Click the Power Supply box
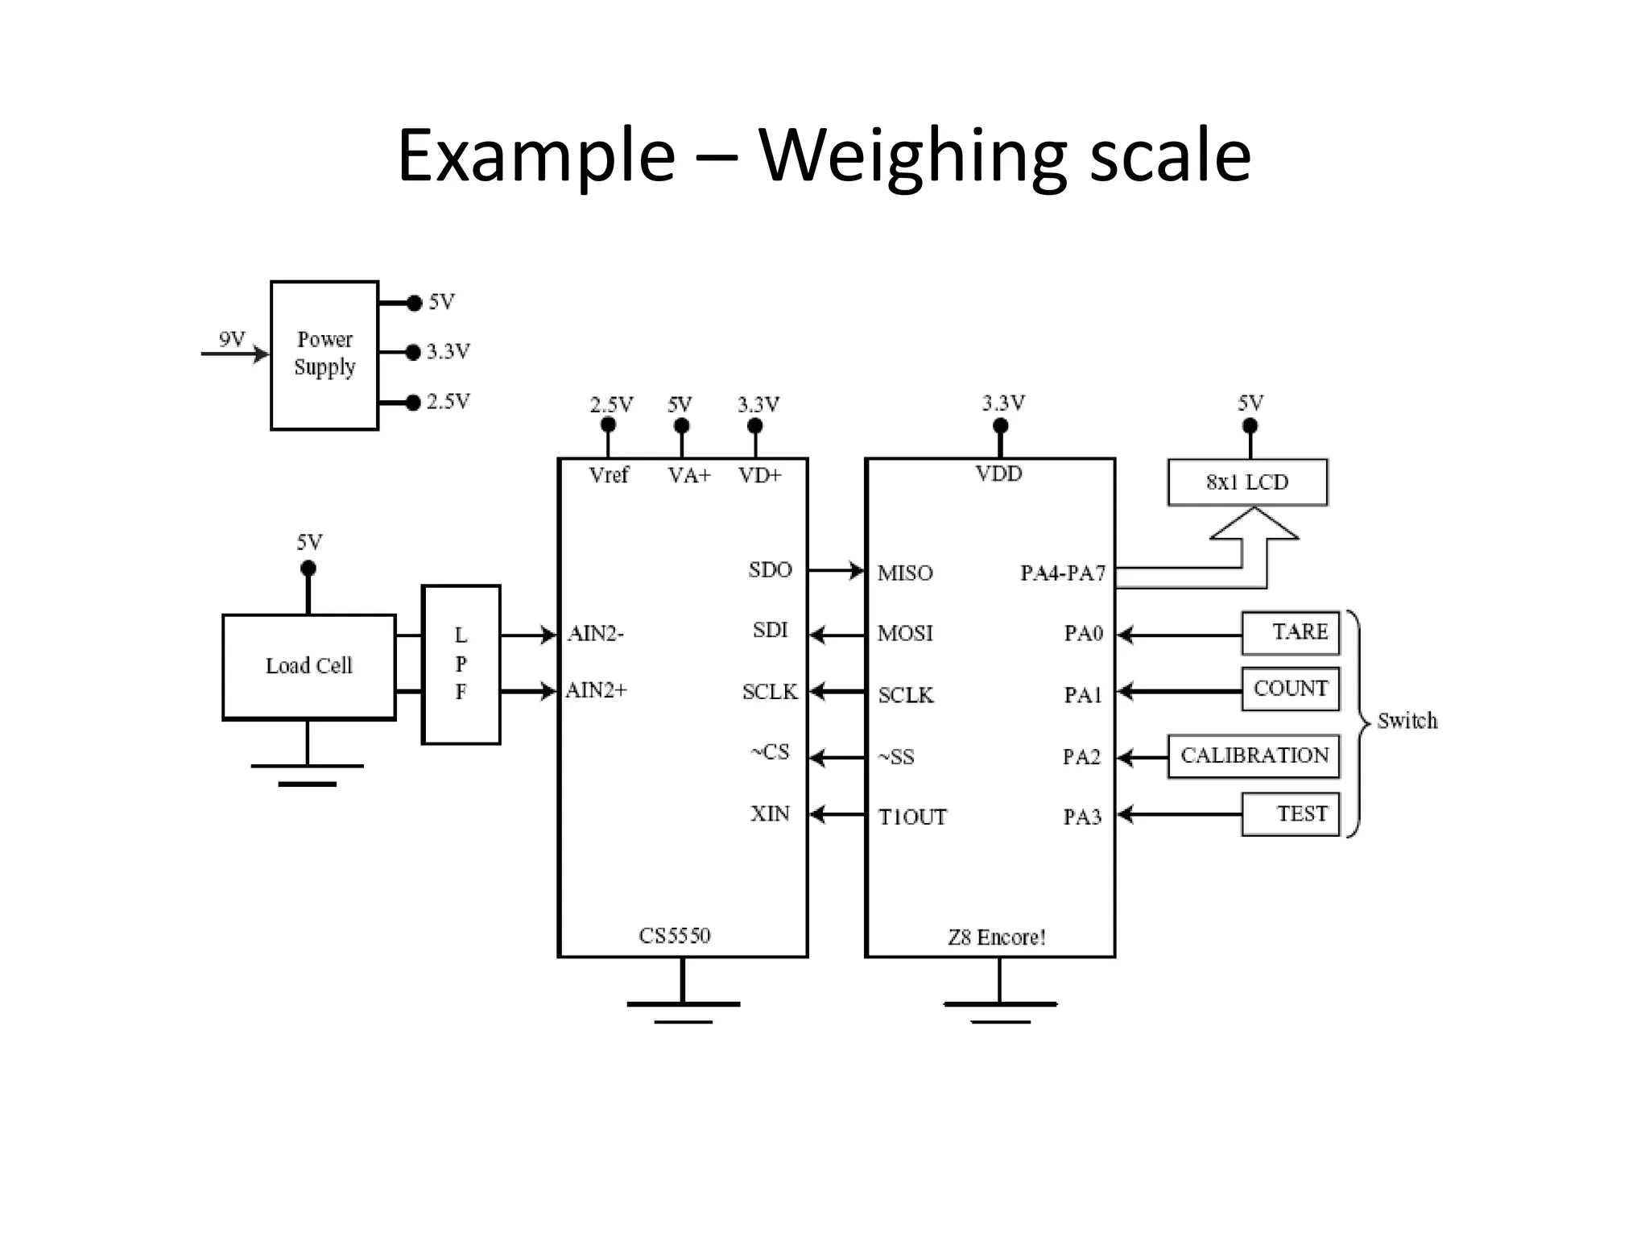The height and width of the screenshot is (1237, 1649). tap(324, 355)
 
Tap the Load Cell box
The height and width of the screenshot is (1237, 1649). tap(309, 667)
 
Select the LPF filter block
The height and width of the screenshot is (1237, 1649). tap(461, 664)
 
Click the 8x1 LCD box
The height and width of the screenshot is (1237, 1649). tap(1247, 482)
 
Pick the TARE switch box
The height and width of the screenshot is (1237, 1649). tap(1291, 633)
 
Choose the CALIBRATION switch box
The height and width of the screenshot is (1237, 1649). tap(1254, 756)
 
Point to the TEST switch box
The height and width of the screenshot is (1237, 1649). tap(1291, 814)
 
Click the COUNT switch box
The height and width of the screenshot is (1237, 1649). tap(1291, 689)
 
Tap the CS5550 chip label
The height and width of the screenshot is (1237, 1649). tap(675, 936)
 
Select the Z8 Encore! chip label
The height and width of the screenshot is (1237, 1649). tap(997, 937)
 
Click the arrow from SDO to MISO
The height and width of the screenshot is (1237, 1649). tap(836, 571)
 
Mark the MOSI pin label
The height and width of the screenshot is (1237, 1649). tap(906, 634)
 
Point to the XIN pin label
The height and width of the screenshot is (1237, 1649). tap(771, 814)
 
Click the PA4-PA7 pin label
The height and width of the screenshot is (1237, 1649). tap(1063, 573)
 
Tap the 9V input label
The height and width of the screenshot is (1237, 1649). tap(232, 339)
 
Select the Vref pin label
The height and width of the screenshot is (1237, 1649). tap(609, 476)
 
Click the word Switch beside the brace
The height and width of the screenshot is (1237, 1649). tap(1407, 721)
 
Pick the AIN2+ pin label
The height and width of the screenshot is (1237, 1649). tap(597, 691)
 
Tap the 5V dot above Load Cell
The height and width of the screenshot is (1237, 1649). tap(308, 569)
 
